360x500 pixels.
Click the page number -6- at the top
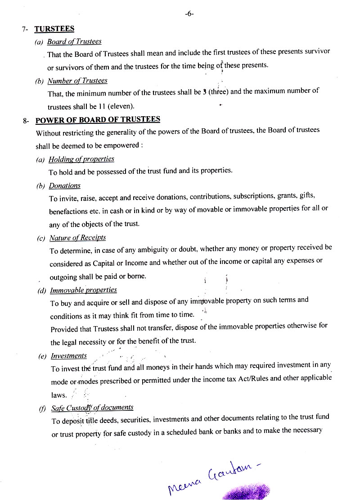pos(189,14)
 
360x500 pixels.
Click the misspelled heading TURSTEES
pos(54,29)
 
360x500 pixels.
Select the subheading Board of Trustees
pos(74,41)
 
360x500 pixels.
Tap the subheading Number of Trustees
pos(77,81)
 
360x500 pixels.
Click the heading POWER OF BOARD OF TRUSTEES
pos(98,119)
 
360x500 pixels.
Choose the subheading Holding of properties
pos(81,159)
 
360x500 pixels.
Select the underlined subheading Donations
pos(65,186)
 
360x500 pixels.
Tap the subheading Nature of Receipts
pos(78,237)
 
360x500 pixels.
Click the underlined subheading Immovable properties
pos(84,290)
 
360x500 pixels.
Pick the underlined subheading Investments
pos(69,356)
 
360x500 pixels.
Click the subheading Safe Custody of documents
pos(92,408)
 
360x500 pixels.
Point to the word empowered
pos(123,146)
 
